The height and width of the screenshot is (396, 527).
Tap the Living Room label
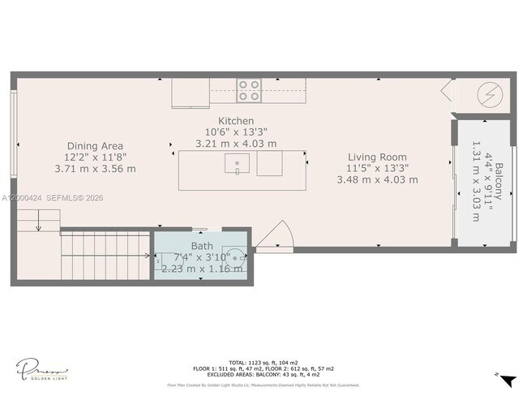point(377,157)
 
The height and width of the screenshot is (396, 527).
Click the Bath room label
point(202,246)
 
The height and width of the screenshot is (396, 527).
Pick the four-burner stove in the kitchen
point(249,90)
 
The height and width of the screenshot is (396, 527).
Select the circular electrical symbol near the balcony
point(490,93)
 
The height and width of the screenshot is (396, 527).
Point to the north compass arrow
point(508,380)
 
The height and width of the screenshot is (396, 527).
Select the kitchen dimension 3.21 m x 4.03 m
point(237,143)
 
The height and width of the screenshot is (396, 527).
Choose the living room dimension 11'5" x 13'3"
point(377,168)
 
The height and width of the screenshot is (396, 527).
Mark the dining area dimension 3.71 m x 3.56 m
point(95,169)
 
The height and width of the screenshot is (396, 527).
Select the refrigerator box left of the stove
point(191,93)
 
